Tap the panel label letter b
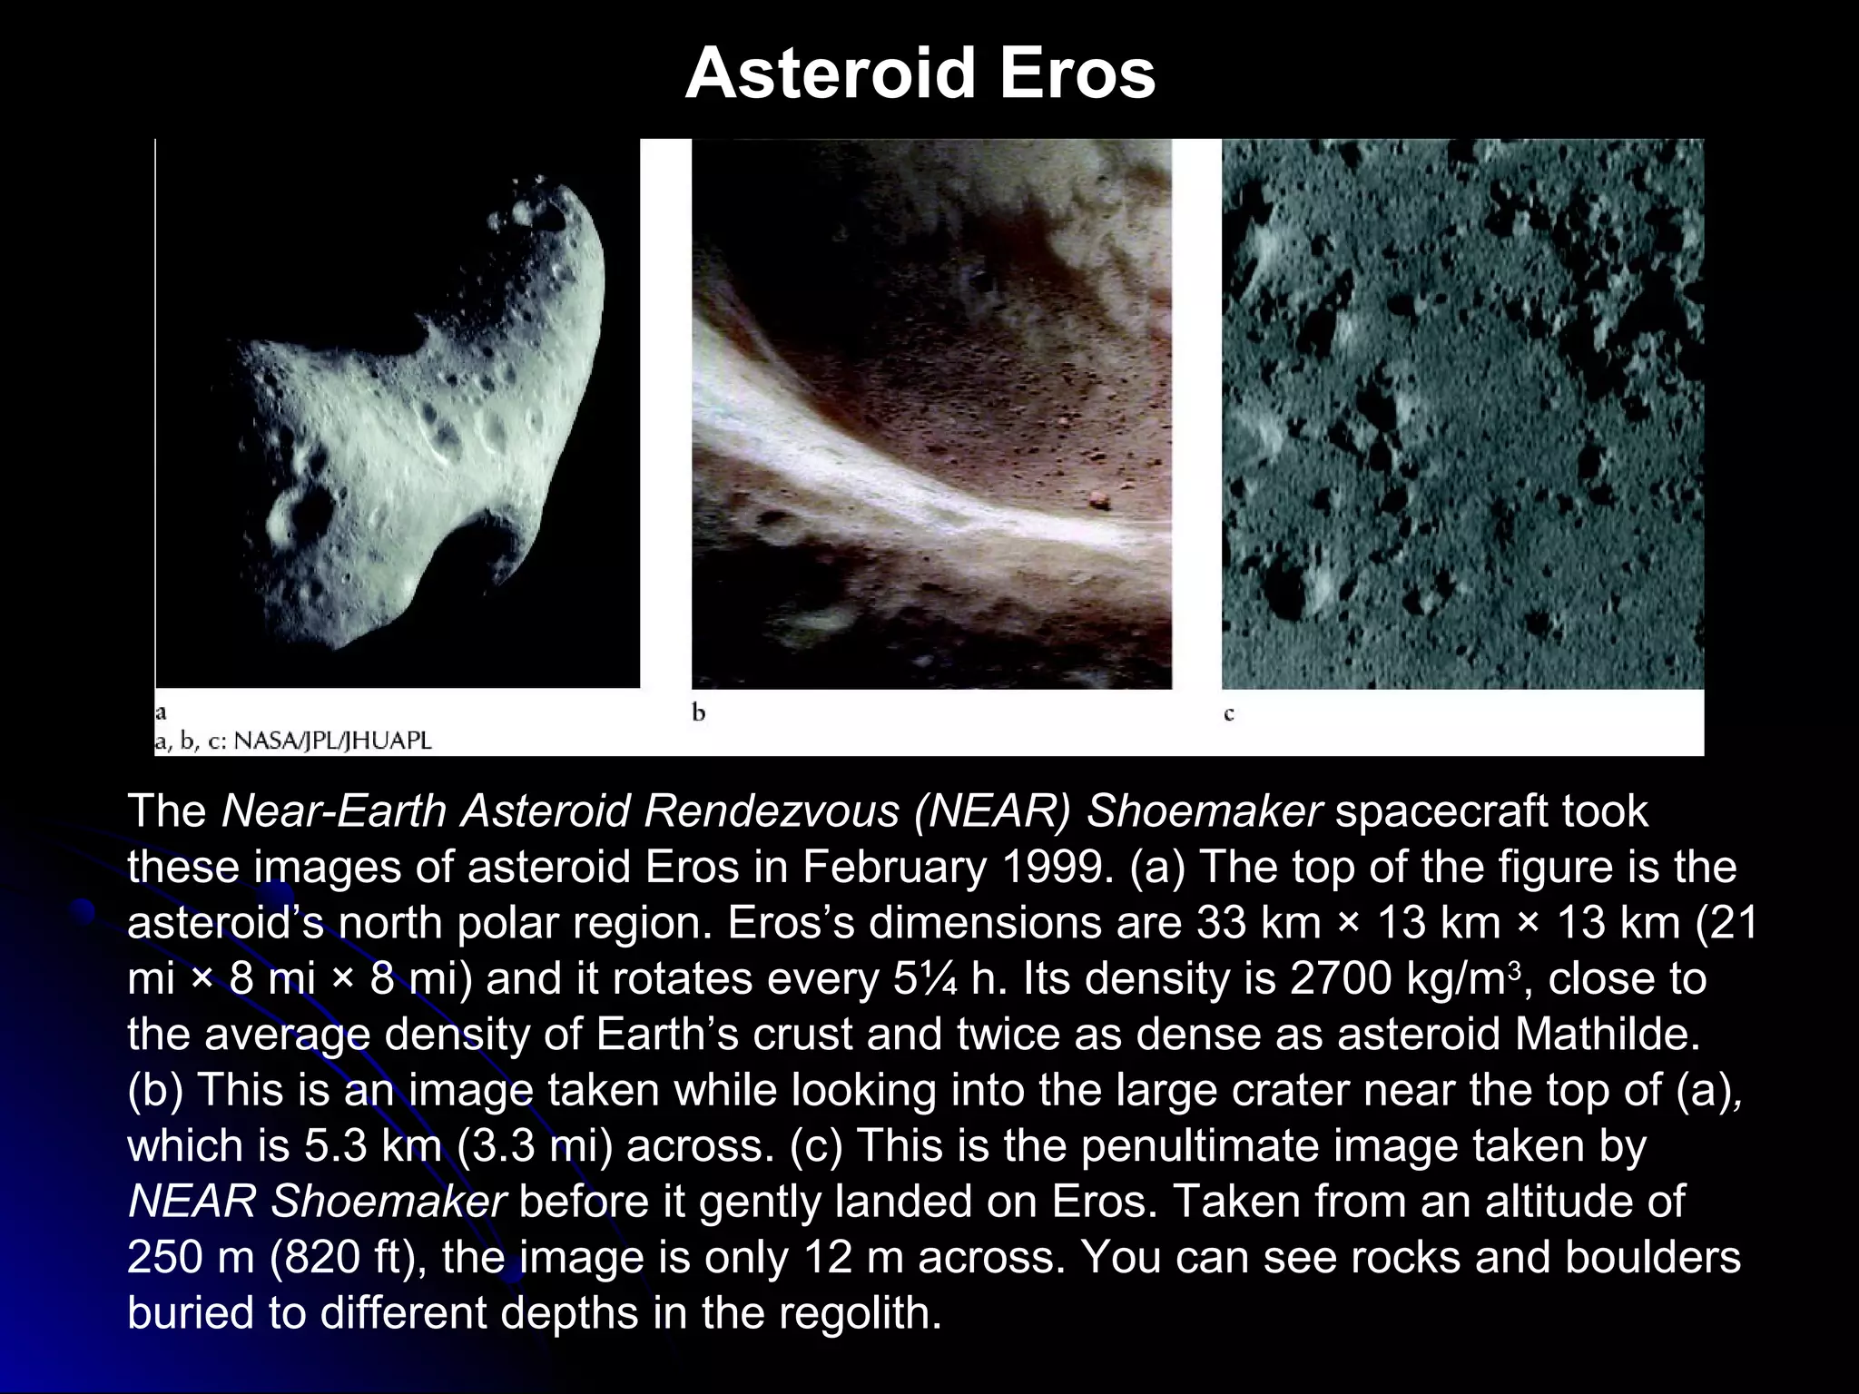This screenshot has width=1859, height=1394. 698,713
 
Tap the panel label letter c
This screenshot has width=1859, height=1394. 1229,714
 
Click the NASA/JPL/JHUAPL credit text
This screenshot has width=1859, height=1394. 332,741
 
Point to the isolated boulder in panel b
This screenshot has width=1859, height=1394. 1099,498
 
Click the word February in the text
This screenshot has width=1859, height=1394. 894,867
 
